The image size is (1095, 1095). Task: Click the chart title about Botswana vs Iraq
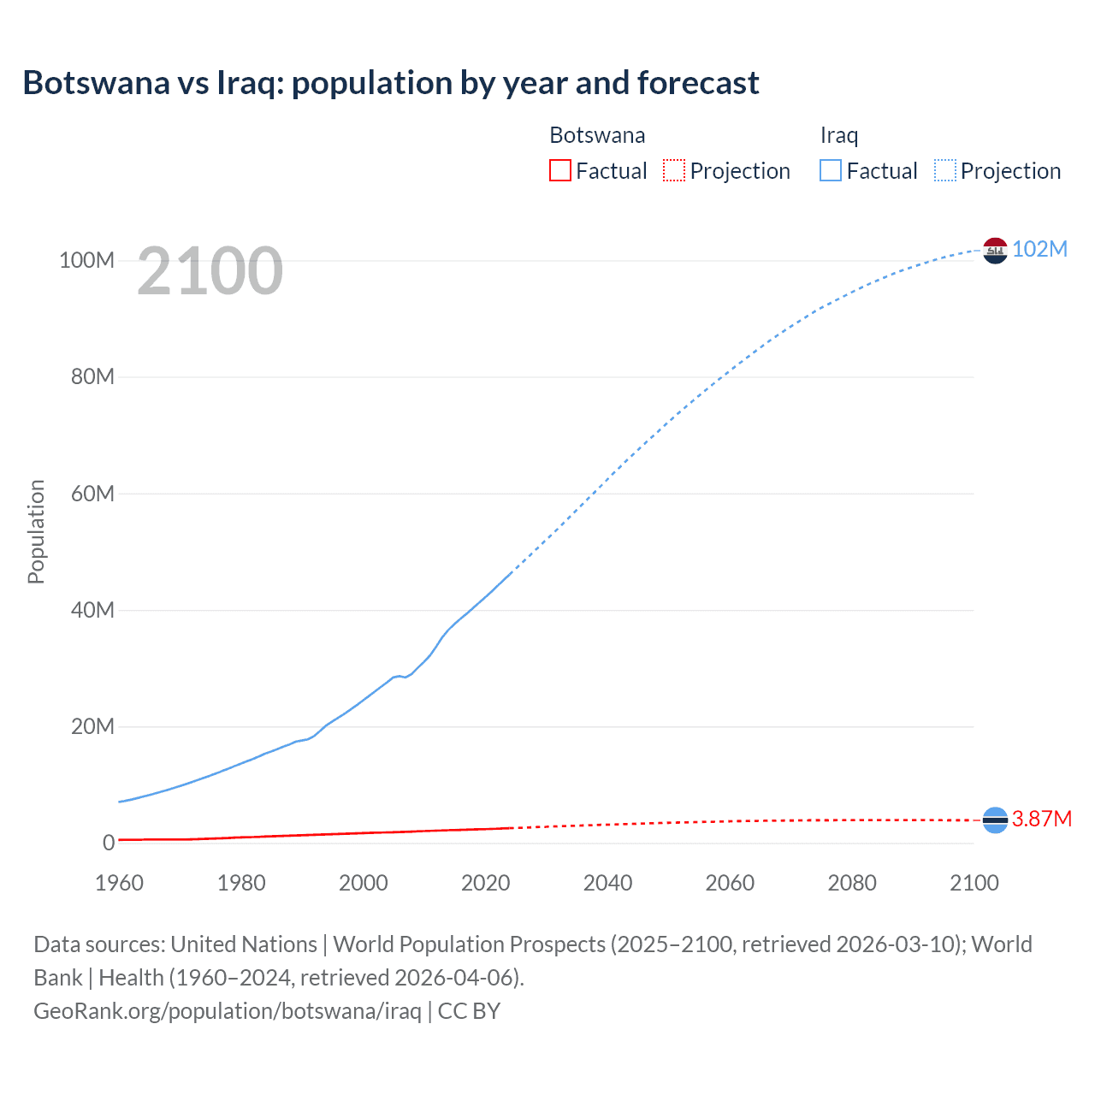390,83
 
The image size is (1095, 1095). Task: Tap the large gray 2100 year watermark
210,271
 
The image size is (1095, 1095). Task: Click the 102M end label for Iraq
1039,249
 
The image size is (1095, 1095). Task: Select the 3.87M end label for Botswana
1041,819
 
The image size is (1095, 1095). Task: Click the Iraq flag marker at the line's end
995,251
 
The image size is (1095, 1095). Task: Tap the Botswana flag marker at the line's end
995,820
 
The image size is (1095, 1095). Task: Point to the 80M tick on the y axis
92,377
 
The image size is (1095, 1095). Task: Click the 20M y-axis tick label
92,727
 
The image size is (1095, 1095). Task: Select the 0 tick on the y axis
108,843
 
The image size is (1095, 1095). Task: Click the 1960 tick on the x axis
120,883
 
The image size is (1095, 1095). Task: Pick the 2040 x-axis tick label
607,883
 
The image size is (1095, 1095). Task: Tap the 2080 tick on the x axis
852,883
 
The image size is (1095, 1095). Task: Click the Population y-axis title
36,531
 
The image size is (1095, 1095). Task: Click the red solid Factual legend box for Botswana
559,170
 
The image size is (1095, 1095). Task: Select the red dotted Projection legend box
674,170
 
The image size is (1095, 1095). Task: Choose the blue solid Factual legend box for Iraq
830,170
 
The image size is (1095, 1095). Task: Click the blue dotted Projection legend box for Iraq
944,170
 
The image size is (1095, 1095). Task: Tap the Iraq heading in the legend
838,135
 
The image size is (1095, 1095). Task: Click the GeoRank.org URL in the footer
228,1010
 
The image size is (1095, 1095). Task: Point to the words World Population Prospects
469,944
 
